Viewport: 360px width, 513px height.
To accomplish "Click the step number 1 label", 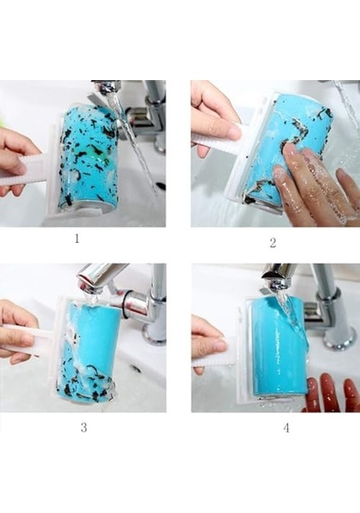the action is (76, 238).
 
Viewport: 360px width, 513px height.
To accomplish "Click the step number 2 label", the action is (273, 243).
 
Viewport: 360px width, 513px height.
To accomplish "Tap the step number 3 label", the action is (84, 427).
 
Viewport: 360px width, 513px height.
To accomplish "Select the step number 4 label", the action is (286, 427).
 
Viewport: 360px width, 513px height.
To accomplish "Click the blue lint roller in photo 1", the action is (87, 157).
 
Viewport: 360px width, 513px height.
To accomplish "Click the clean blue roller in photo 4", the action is (280, 346).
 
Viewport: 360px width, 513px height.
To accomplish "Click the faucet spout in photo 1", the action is (105, 86).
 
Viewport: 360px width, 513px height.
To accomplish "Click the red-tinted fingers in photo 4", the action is (330, 392).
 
